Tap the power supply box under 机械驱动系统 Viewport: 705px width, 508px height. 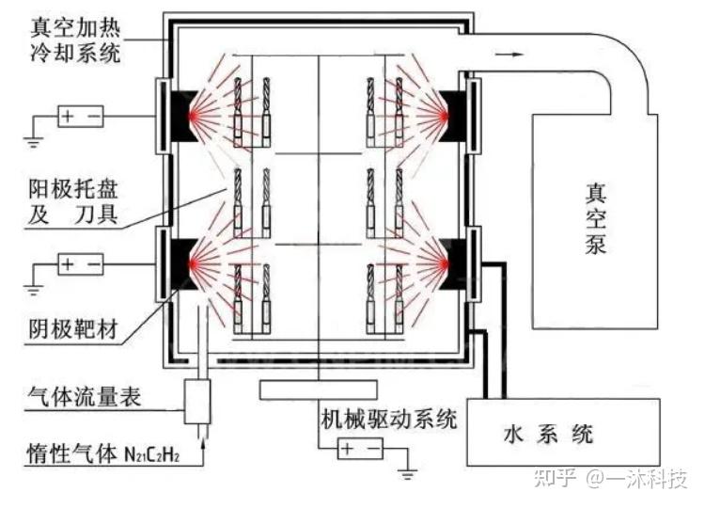[x=361, y=449]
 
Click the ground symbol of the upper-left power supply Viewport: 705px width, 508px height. [x=32, y=142]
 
